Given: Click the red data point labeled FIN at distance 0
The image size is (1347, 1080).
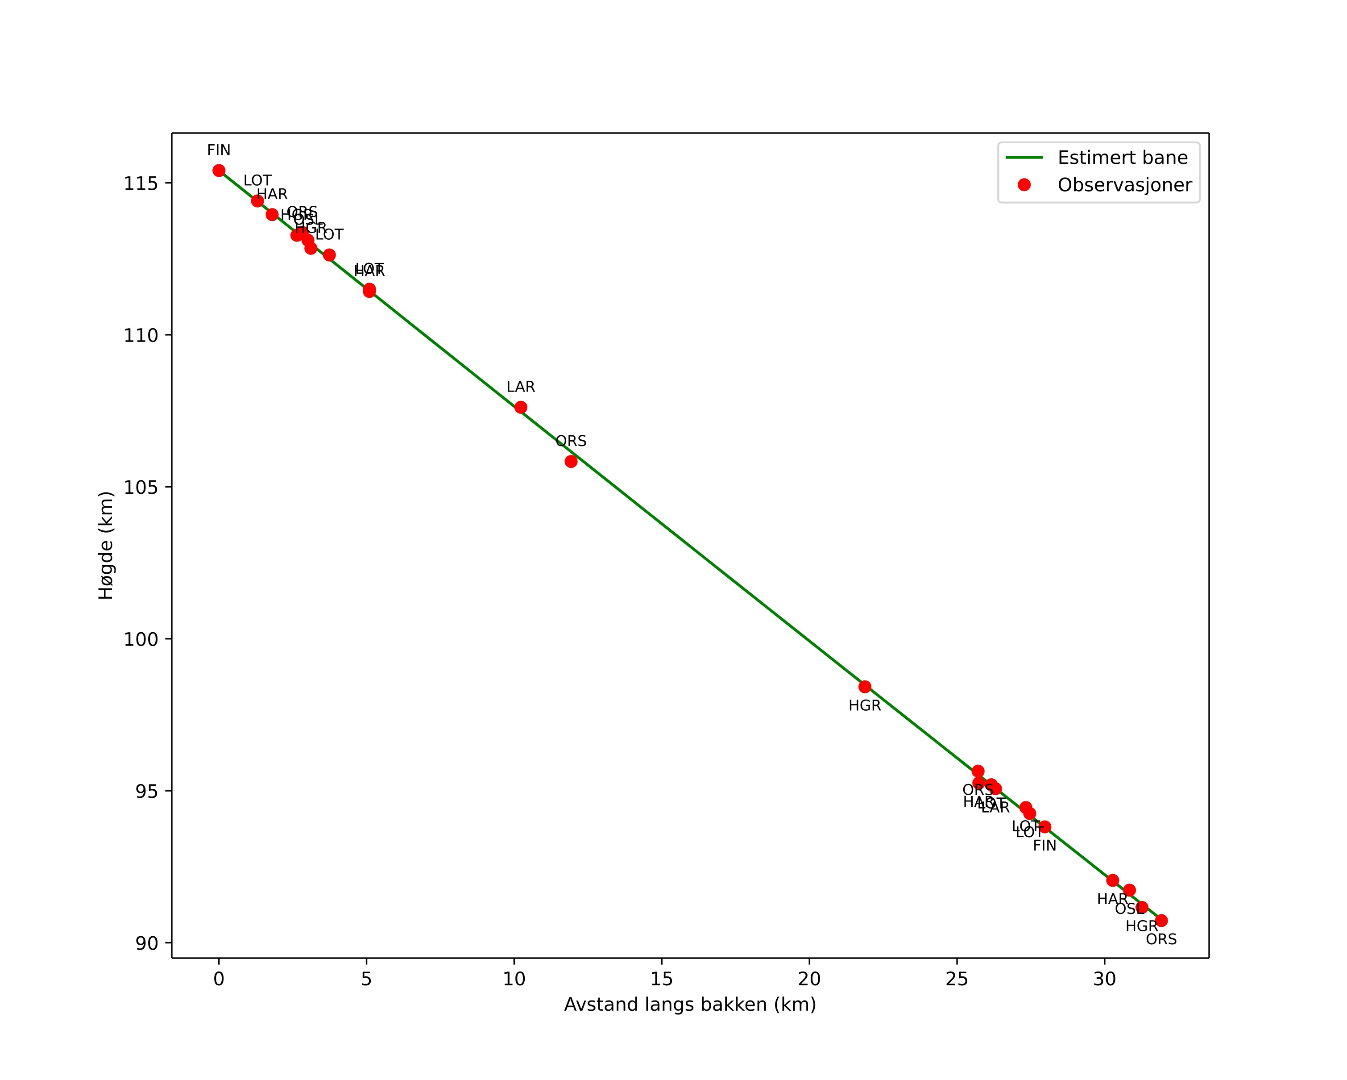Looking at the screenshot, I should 219,171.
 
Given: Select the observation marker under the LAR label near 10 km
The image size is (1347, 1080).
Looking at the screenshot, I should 520,408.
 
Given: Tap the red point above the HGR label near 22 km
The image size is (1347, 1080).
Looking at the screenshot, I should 865,687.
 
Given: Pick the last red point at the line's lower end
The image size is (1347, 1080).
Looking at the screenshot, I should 1161,921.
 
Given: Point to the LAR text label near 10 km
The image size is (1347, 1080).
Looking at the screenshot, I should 520,388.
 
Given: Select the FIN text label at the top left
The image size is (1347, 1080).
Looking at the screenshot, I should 219,150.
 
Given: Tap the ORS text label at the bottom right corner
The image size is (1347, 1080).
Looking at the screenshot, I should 1161,940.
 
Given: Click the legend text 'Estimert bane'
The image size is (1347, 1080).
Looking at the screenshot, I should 1123,158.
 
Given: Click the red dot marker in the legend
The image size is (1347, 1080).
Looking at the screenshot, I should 1024,185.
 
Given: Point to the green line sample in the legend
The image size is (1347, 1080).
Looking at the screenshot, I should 1024,158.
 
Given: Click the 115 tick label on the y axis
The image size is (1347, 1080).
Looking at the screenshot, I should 141,184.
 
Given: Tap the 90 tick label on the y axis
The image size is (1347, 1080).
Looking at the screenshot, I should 147,943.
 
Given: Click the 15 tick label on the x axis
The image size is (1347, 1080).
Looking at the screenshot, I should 662,980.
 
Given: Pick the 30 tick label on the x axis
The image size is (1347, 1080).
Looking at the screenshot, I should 1105,980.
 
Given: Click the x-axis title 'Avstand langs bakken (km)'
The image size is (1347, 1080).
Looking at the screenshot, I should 690,1005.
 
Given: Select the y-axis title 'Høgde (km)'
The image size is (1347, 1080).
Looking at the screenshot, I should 106,546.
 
